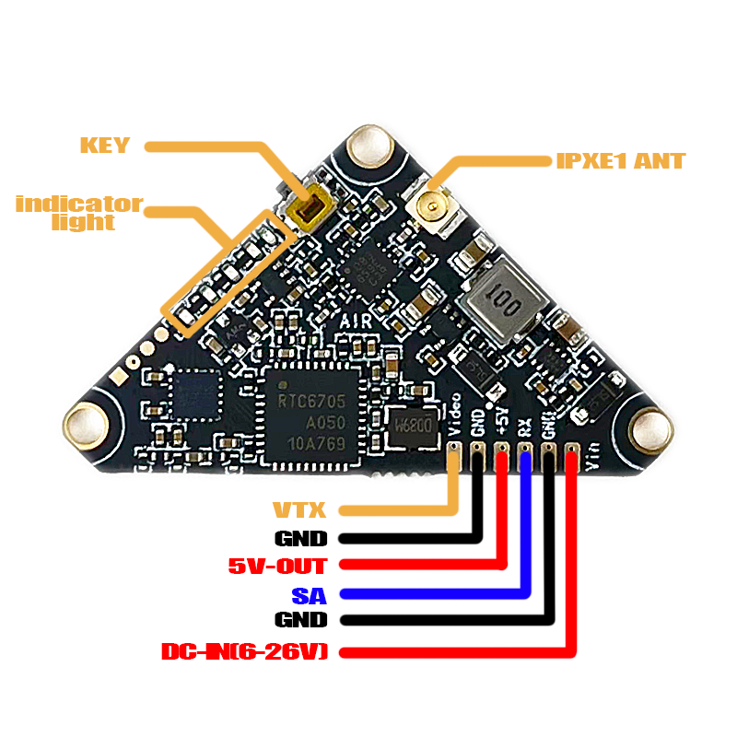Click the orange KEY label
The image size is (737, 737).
point(105,146)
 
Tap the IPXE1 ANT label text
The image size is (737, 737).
point(620,161)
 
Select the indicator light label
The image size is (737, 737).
point(79,213)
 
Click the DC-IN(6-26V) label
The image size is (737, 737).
point(244,652)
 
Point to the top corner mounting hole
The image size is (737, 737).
point(372,147)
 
